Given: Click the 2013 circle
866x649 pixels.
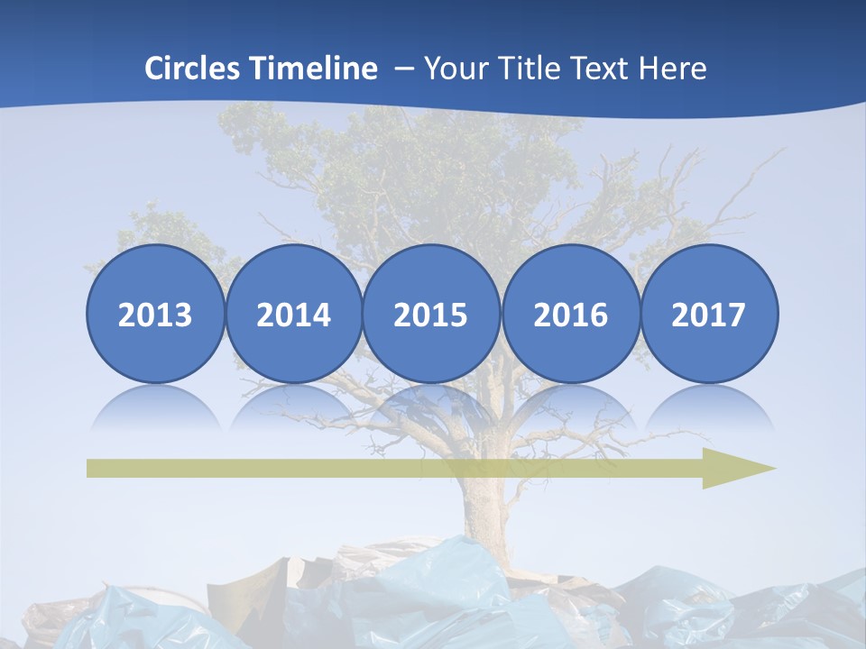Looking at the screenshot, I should [155, 314].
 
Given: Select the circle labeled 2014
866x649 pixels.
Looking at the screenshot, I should [293, 314].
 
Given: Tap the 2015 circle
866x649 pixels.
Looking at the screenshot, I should [431, 314].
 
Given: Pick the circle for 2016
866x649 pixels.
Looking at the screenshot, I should [570, 314].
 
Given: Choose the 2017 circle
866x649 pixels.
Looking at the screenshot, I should [708, 314].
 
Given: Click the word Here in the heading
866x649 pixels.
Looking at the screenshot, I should [674, 69].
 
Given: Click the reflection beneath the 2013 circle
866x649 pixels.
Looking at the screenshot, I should [155, 407].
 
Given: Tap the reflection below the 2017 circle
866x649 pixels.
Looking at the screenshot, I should [708, 407].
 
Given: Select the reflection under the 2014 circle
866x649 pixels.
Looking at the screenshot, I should [293, 407].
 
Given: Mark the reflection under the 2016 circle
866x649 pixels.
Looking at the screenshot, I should [570, 407].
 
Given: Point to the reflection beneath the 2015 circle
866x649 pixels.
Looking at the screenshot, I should [431, 407].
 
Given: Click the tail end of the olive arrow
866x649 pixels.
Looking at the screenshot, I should [94, 468].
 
